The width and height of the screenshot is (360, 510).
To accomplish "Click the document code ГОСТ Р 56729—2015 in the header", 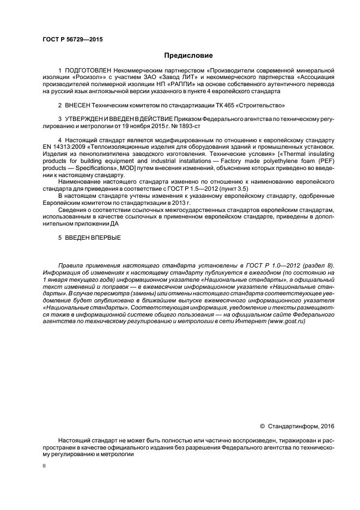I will tap(72, 40).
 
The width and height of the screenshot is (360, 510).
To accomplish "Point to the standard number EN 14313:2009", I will tap(64, 147).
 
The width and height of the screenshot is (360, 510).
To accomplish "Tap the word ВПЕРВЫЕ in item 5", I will tap(105, 238).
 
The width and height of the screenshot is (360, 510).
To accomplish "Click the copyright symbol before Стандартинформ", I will tap(263, 426).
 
